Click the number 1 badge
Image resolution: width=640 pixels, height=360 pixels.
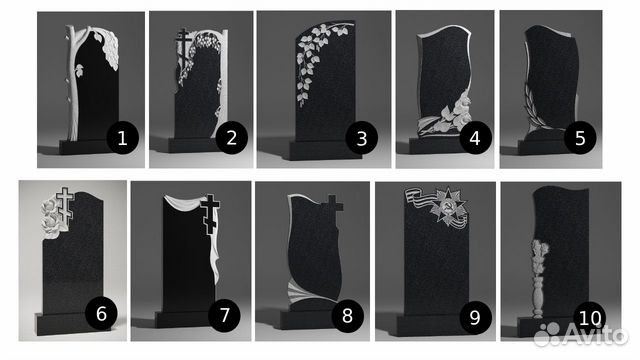[x=122, y=138]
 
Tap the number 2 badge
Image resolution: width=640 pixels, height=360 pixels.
[x=231, y=138]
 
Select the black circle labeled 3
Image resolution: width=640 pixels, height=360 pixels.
[x=362, y=138]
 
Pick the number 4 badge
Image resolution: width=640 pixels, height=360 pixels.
[x=475, y=138]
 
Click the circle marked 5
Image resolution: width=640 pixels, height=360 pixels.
[x=580, y=138]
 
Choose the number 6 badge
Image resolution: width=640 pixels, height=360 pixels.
[x=101, y=314]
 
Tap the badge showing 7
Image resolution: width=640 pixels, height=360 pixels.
[x=224, y=315]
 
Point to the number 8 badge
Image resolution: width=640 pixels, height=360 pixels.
[x=347, y=315]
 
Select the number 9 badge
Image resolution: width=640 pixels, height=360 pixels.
[x=475, y=317]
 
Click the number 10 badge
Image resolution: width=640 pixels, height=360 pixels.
[x=590, y=318]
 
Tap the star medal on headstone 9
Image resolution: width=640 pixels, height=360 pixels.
[x=448, y=207]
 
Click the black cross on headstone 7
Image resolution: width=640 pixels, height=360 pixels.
[x=211, y=214]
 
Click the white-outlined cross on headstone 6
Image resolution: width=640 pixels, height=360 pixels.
[x=64, y=204]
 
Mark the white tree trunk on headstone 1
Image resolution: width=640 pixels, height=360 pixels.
[x=72, y=82]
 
